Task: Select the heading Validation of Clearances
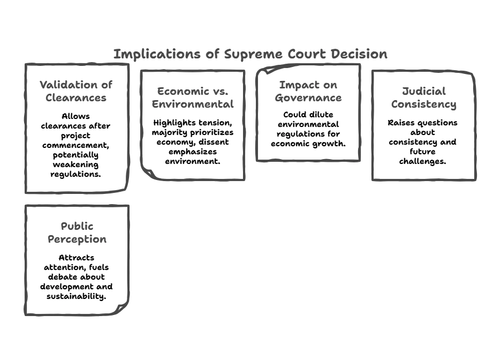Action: point(76,91)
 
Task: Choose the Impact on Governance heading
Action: point(308,91)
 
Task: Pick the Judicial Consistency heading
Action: point(423,97)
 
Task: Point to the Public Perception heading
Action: point(77,232)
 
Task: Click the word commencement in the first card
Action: point(75,145)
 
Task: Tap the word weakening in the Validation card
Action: point(75,164)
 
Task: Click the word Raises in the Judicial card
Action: point(401,123)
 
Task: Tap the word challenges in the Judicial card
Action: point(423,161)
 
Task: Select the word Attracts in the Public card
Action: point(77,258)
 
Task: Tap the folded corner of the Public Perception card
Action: point(122,307)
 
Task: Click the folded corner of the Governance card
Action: point(264,71)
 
